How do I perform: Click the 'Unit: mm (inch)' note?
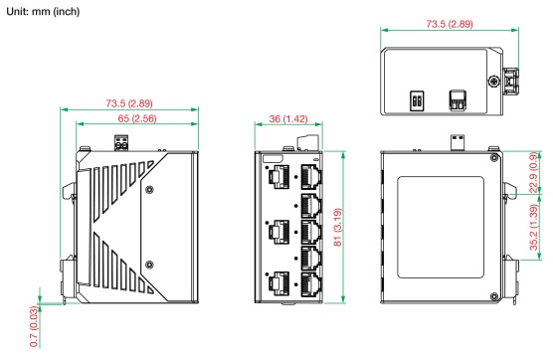point(43,11)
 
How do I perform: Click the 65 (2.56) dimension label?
point(137,118)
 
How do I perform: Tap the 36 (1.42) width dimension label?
point(288,118)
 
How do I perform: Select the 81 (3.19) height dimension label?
point(337,227)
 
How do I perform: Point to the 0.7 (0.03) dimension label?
point(34,326)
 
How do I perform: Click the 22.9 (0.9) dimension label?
point(534,172)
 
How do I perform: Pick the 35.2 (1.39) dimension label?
point(534,228)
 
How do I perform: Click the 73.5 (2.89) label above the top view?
point(450,24)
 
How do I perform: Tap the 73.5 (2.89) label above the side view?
point(129,103)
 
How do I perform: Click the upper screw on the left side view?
point(149,189)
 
